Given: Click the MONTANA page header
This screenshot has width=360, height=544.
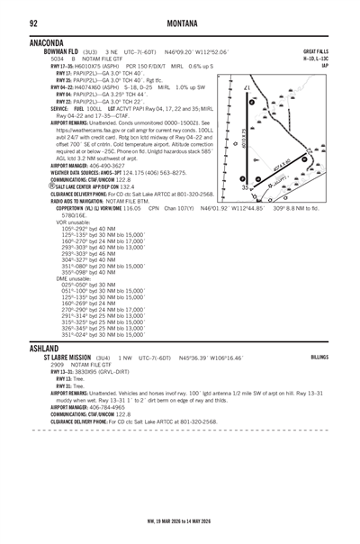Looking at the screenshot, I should click(180, 21).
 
